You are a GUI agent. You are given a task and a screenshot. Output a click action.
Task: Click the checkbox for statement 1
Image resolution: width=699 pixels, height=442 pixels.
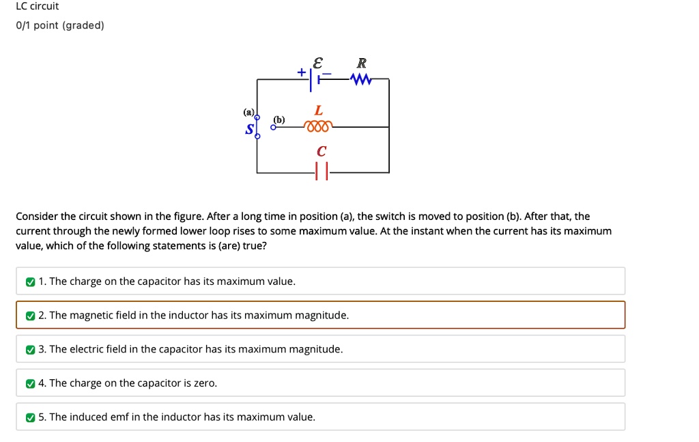[x=30, y=281]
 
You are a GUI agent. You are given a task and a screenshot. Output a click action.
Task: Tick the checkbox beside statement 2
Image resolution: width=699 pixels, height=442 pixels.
[x=30, y=316]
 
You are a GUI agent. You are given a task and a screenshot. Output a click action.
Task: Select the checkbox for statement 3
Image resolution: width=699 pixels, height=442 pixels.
[x=30, y=350]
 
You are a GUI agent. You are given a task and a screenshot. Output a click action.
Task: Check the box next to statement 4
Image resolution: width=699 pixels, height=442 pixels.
[x=30, y=383]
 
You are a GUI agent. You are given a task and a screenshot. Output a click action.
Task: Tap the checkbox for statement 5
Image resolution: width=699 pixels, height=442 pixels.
[x=30, y=417]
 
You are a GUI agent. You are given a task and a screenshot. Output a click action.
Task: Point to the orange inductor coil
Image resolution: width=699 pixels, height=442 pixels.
[x=319, y=127]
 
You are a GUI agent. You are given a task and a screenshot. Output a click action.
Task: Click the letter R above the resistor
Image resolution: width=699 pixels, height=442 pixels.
[x=361, y=62]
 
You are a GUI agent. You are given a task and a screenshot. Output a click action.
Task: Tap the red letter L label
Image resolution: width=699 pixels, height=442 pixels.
[x=318, y=111]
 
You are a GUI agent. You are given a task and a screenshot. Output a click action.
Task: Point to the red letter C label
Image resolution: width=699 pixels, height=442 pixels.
[x=322, y=150]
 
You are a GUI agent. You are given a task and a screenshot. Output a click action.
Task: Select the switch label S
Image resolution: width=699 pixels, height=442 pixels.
[x=249, y=128]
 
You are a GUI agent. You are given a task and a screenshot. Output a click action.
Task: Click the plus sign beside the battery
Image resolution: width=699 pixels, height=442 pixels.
[x=300, y=72]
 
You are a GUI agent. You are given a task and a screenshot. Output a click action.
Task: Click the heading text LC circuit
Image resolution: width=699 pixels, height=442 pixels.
[x=38, y=6]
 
